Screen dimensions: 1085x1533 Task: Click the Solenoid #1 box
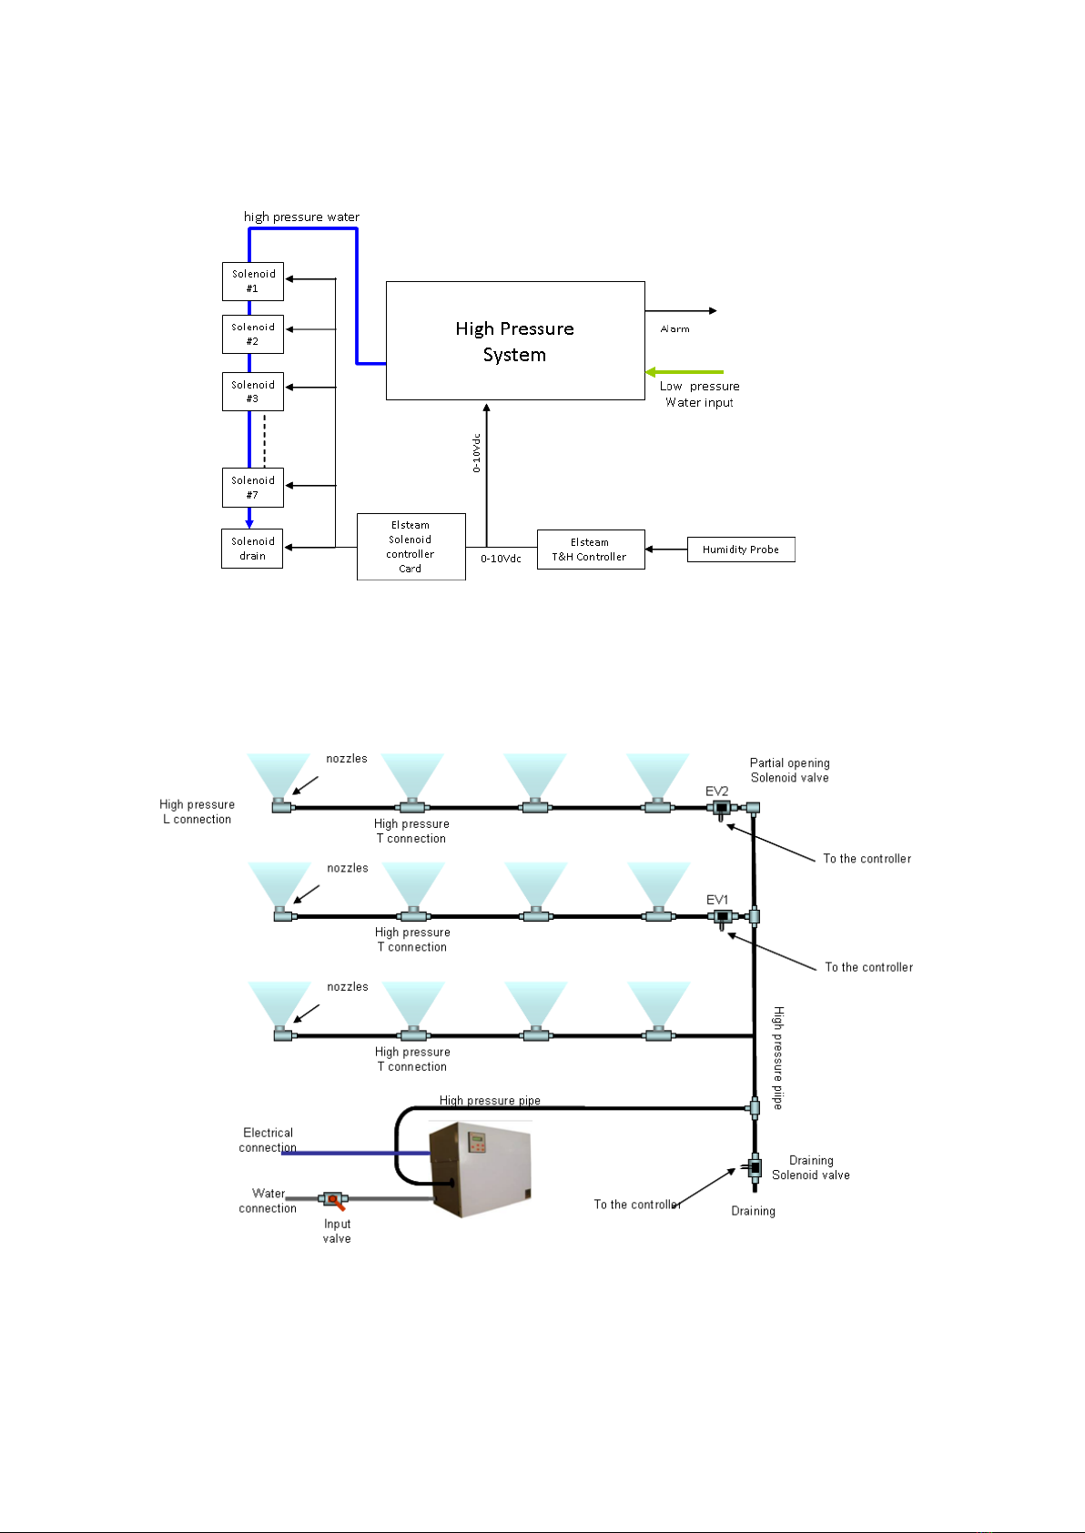(253, 281)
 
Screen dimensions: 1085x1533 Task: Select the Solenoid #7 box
(253, 488)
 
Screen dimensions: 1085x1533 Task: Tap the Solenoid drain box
(252, 549)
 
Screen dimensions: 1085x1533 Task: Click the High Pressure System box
(515, 341)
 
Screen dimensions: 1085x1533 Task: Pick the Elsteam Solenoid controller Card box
(411, 547)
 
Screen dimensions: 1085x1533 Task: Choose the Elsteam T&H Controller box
(591, 550)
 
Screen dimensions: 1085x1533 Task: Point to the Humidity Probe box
(741, 550)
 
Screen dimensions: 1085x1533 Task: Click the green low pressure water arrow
(684, 372)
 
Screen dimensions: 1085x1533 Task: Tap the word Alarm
(675, 329)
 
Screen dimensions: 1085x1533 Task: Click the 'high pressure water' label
(301, 217)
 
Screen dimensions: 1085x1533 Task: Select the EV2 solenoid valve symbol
(721, 809)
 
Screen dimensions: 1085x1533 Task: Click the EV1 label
(717, 900)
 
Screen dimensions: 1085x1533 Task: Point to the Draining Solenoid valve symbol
(755, 1167)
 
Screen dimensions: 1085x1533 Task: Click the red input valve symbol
(333, 1199)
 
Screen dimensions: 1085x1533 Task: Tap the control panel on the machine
(477, 1142)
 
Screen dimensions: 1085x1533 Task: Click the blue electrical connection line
(356, 1154)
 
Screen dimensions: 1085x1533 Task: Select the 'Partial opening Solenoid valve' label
(790, 770)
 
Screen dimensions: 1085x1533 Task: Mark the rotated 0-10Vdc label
(476, 453)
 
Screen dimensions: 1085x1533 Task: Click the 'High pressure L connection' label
(198, 812)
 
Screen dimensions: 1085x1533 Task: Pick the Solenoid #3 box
(253, 391)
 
